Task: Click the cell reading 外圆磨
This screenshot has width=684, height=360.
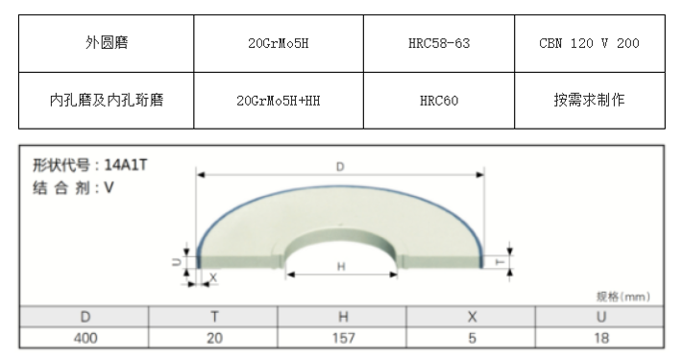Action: point(107,43)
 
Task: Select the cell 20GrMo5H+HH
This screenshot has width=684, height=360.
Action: point(279,101)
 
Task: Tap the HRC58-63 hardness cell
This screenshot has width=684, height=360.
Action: point(439,43)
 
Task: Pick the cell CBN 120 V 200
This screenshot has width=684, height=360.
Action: point(589,43)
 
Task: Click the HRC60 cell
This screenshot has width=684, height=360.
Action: point(439,101)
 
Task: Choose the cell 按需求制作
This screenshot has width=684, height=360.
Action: point(589,100)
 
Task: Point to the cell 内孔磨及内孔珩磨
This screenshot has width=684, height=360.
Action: point(107,100)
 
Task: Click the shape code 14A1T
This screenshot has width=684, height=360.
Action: point(126,165)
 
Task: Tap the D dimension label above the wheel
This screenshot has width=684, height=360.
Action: point(340,166)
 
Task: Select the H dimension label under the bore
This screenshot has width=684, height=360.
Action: point(341,266)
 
